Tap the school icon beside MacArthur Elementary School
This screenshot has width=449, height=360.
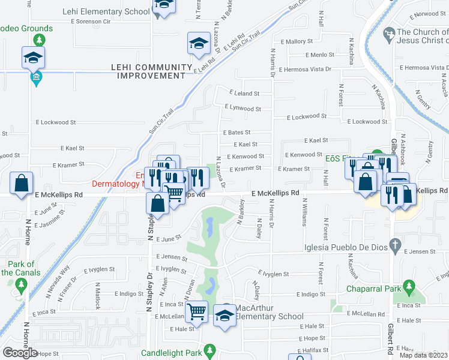click(x=224, y=314)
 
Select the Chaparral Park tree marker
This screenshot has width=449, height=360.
click(x=409, y=286)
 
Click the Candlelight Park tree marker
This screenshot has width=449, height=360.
click(x=209, y=349)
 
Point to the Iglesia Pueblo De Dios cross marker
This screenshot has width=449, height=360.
click(x=394, y=245)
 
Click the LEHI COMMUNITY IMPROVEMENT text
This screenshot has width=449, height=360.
click(x=151, y=71)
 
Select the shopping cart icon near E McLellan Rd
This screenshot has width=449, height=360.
click(x=196, y=311)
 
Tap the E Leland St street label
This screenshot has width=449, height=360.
click(x=244, y=94)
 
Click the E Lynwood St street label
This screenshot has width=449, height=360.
click(x=243, y=109)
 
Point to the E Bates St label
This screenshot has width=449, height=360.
click(x=237, y=132)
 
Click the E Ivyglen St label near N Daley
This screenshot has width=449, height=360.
click(x=268, y=274)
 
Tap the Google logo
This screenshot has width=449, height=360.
click(x=20, y=353)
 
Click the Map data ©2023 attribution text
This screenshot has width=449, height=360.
click(x=424, y=355)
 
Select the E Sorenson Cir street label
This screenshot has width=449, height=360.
click(x=91, y=21)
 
